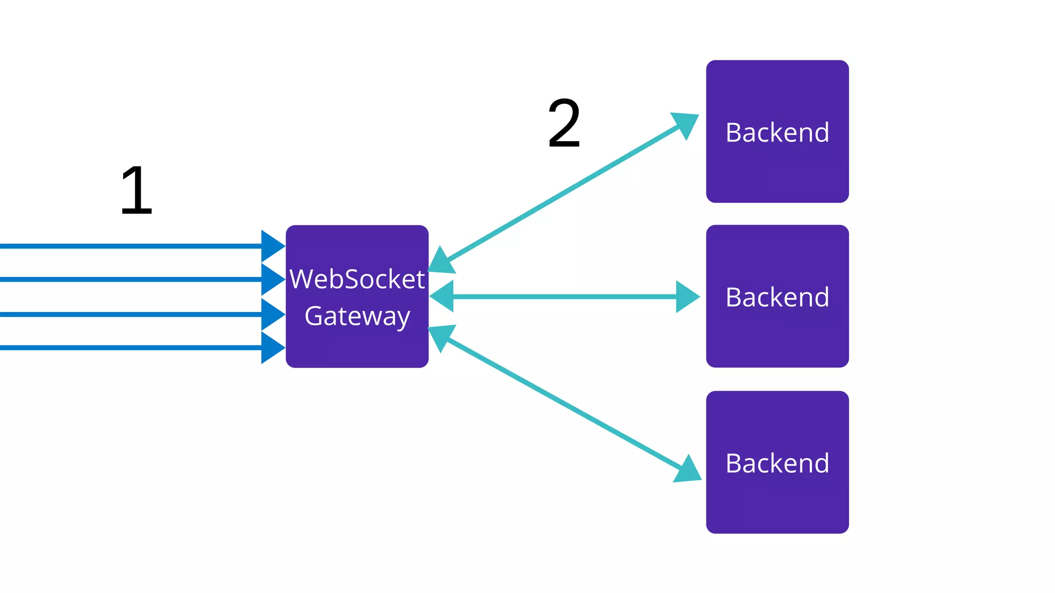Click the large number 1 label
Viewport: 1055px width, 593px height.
point(137,191)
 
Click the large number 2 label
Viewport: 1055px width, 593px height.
point(564,124)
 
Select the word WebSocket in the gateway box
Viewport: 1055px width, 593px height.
point(357,279)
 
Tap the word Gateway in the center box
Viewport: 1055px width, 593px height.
point(357,316)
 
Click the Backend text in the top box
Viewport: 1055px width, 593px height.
point(777,132)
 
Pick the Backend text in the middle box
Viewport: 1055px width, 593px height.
point(777,297)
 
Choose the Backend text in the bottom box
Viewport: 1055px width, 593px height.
point(777,463)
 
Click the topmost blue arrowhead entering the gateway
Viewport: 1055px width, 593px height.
point(272,246)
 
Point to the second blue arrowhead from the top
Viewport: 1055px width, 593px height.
point(272,279)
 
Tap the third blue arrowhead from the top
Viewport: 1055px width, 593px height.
point(272,314)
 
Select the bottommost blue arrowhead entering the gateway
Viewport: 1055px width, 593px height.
point(272,347)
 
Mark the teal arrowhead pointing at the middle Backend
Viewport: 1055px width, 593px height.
point(687,296)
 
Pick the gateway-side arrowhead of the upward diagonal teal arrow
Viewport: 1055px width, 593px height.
point(441,261)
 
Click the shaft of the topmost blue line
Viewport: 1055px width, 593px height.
point(129,246)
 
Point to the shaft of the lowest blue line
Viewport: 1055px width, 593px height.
point(129,347)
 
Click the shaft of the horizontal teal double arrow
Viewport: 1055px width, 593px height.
point(564,296)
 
